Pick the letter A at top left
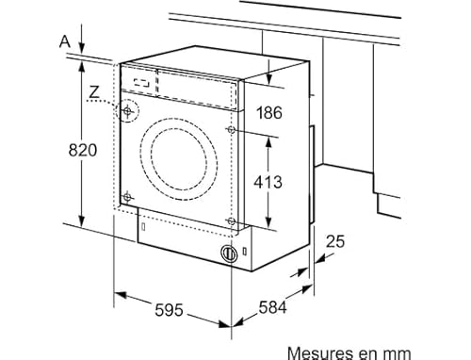click(x=64, y=41)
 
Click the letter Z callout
click(x=92, y=91)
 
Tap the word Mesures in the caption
click(x=346, y=352)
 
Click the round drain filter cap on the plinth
click(x=227, y=253)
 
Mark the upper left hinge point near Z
click(x=127, y=110)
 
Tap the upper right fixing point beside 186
click(x=232, y=125)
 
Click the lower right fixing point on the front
click(x=232, y=221)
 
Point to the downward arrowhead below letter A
click(x=84, y=50)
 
